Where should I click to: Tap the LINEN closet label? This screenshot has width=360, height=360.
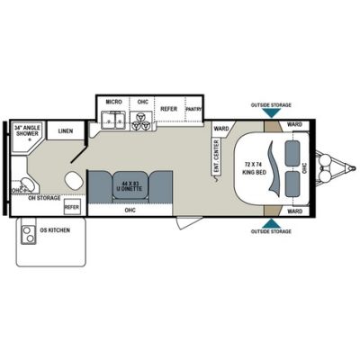65,131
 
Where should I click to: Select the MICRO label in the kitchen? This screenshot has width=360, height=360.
112,103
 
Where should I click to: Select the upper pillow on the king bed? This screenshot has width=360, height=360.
292,152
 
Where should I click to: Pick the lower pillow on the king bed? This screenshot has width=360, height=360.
292,184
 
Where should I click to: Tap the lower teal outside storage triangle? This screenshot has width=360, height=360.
271,221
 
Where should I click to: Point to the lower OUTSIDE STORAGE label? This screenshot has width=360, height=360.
271,232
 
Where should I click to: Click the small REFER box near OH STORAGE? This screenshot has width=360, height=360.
72,207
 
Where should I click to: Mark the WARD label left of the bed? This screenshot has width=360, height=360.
220,129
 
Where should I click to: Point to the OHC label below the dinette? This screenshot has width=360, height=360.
130,211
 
